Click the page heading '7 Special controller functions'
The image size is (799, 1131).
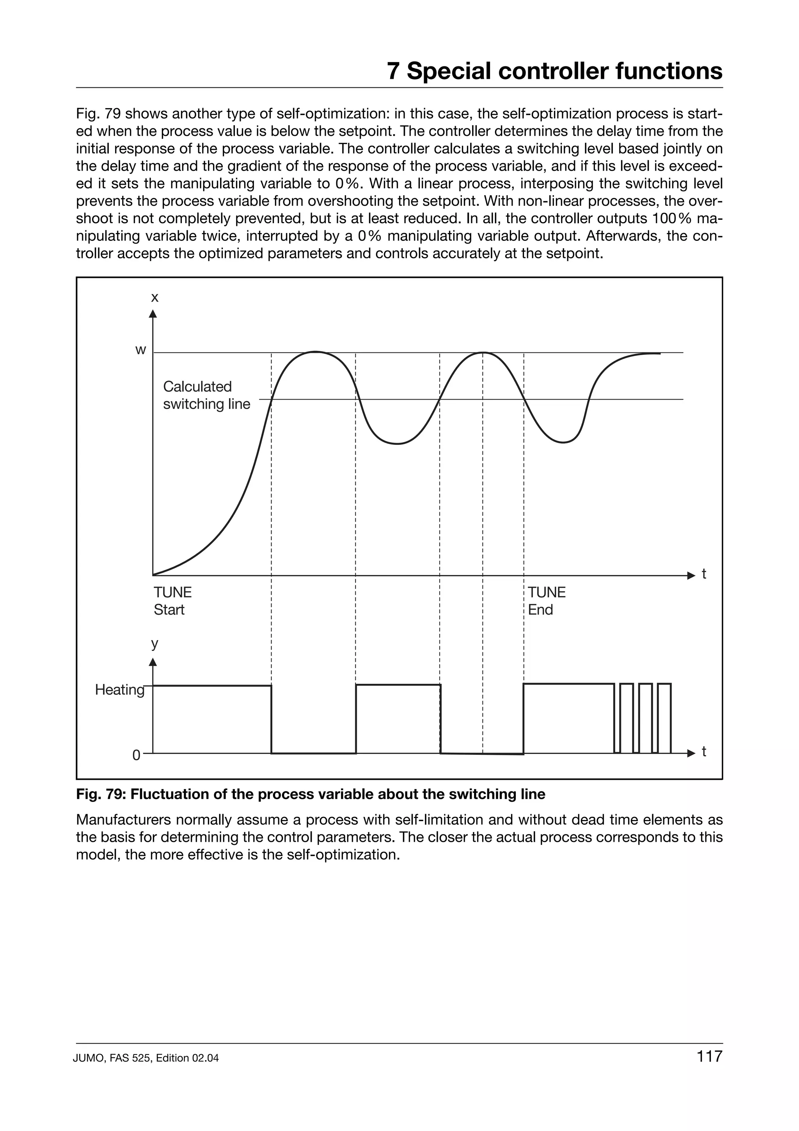[554, 71]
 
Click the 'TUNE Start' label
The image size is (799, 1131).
[172, 601]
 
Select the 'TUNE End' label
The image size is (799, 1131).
[547, 601]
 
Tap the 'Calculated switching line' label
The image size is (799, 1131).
[206, 395]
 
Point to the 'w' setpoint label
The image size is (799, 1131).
[141, 350]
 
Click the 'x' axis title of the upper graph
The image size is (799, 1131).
[154, 297]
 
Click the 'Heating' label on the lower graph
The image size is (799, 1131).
[120, 690]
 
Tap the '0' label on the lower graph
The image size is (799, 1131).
[137, 755]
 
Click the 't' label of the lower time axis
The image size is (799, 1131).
[704, 752]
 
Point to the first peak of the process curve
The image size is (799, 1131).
[315, 352]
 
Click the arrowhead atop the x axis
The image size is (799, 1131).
[153, 314]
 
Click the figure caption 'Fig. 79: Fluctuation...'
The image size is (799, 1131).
[311, 794]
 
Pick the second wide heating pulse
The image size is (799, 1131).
[398, 718]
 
